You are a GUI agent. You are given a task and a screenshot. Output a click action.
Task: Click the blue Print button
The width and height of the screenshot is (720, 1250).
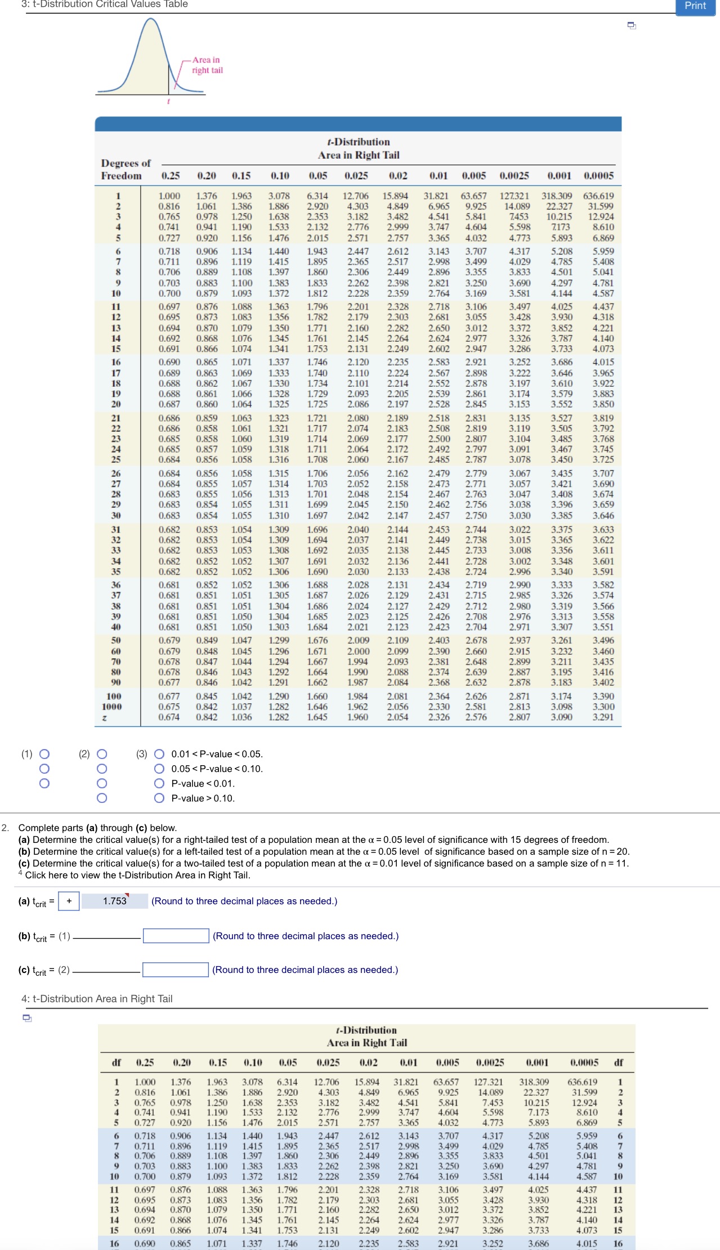tap(695, 6)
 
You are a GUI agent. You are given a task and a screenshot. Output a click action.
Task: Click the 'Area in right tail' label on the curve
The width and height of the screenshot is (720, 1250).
tap(207, 65)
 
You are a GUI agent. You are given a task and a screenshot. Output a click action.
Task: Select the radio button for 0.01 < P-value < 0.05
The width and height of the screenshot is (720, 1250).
tap(159, 754)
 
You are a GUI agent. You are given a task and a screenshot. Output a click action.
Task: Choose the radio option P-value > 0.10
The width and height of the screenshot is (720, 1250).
tap(159, 798)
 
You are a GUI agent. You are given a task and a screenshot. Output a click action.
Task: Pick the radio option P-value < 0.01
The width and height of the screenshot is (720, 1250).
tap(159, 783)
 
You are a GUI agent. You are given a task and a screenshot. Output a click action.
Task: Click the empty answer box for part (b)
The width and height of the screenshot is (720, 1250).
tap(176, 936)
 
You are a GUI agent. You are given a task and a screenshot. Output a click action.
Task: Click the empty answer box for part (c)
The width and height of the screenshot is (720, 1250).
tap(176, 970)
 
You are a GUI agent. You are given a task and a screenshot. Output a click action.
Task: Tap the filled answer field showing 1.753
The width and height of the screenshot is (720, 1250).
tap(115, 901)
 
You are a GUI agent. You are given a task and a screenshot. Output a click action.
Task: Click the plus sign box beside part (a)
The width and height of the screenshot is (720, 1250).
tap(69, 901)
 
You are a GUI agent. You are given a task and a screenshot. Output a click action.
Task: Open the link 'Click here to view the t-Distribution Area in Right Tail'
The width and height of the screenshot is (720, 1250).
tap(137, 875)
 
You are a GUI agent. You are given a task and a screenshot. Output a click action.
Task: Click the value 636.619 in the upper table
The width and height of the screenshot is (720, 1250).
tap(598, 196)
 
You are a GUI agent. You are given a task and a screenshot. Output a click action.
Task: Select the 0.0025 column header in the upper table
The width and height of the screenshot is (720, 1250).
tap(514, 176)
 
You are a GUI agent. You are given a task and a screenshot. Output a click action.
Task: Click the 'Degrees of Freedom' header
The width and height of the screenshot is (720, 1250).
tap(126, 169)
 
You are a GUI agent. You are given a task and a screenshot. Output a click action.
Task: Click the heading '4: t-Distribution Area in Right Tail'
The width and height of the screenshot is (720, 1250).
tap(97, 999)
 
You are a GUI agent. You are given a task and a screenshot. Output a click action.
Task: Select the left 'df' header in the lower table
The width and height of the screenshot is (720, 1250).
tap(117, 1062)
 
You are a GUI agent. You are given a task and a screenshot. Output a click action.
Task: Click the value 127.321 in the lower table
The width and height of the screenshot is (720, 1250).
tap(488, 1082)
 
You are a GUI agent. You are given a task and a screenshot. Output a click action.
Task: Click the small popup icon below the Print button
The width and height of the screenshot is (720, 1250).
tap(632, 25)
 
